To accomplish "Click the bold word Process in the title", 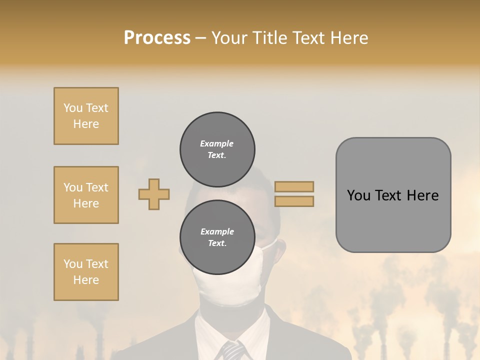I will [157, 38].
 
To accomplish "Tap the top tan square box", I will [86, 116].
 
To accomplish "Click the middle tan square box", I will [86, 195].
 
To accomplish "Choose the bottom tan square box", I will [86, 272].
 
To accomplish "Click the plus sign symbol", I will [154, 194].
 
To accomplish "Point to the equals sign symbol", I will [294, 194].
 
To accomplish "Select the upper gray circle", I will [217, 149].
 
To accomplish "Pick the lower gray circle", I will [217, 237].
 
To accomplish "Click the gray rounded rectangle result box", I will [393, 195].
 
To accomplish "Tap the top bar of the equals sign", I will [294, 187].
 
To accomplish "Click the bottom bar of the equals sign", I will [294, 201].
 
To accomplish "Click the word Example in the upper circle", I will [217, 143].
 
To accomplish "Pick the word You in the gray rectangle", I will [358, 195].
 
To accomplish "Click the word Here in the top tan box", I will [86, 124].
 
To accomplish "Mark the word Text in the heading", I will [307, 38].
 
